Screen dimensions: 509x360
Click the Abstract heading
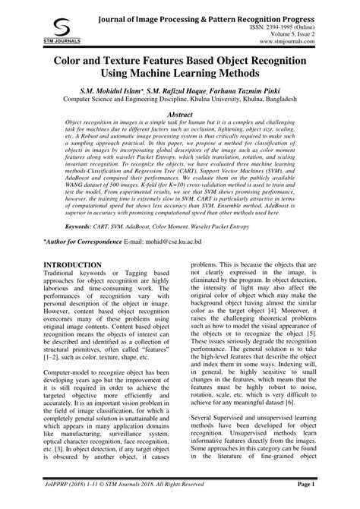(x=180, y=112)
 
